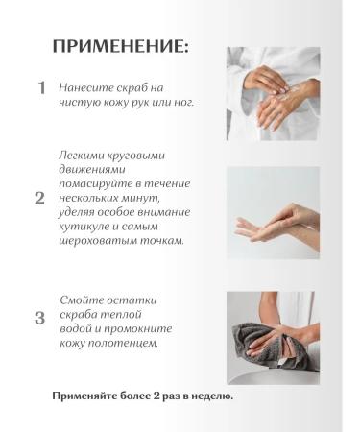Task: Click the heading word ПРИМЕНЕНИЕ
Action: pos(120,45)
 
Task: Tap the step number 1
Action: pos(41,87)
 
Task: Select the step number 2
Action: pos(39,199)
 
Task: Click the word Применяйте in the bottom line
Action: pos(88,396)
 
